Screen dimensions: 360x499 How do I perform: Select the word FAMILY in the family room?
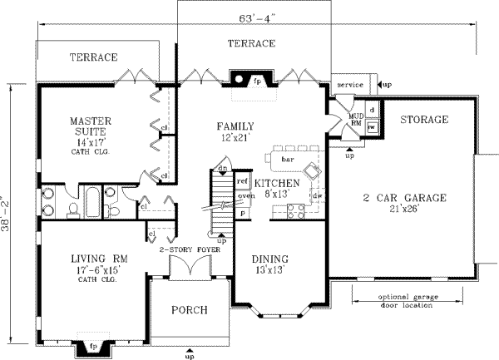pyautogui.click(x=234, y=126)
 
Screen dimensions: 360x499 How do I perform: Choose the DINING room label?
pyautogui.click(x=270, y=259)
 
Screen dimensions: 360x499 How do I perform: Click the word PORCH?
pyautogui.click(x=189, y=310)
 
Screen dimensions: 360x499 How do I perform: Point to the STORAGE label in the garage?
pyautogui.click(x=423, y=121)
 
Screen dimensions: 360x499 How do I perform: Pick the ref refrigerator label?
pyautogui.click(x=243, y=180)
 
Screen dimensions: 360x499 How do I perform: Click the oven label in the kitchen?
pyautogui.click(x=245, y=196)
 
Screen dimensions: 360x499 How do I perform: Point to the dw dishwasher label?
pyautogui.click(x=318, y=195)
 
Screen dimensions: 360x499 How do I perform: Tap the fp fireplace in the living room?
pyautogui.click(x=93, y=345)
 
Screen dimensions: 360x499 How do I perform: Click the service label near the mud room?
pyautogui.click(x=349, y=85)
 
